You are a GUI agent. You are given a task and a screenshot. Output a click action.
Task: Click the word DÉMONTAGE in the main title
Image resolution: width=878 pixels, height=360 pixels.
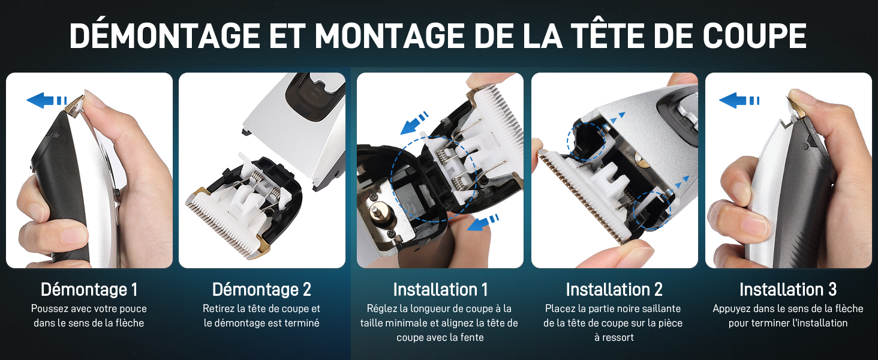(165, 36)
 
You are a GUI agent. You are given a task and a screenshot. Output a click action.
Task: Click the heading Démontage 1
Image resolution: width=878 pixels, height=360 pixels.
(89, 290)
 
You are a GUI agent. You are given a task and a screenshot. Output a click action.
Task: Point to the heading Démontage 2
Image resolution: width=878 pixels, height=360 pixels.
(261, 290)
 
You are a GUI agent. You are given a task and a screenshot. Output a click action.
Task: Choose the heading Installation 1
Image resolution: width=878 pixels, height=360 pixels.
(440, 290)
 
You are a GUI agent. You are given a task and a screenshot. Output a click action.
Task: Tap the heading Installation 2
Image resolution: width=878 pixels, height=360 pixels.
(614, 290)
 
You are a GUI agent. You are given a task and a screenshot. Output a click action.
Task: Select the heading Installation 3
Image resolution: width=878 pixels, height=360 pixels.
(788, 290)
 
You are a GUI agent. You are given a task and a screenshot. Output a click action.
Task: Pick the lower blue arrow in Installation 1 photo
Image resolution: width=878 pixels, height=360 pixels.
(483, 223)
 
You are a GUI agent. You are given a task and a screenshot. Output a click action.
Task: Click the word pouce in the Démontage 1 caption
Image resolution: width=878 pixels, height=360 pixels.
(133, 309)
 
